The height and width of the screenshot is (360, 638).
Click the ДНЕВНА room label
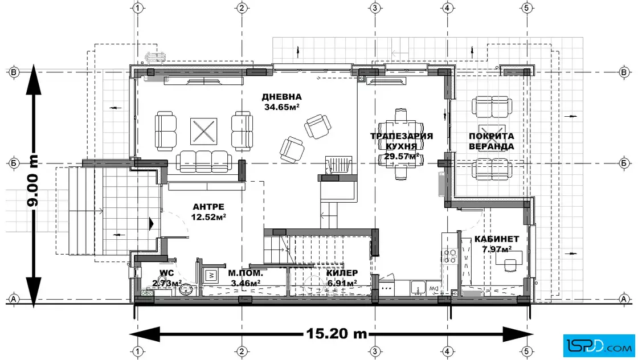pyautogui.click(x=281, y=97)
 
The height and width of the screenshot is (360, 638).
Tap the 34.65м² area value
pyautogui.click(x=282, y=108)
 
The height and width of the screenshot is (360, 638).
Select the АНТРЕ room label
pyautogui.click(x=208, y=207)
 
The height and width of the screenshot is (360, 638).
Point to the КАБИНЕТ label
pyautogui.click(x=496, y=239)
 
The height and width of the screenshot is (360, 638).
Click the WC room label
pyautogui.click(x=167, y=273)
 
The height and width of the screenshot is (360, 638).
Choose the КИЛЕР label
pyautogui.click(x=342, y=273)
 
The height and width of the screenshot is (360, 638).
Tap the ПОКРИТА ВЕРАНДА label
pyautogui.click(x=492, y=141)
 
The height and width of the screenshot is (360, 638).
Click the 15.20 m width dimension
pyautogui.click(x=337, y=334)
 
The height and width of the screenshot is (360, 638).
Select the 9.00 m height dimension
pyautogui.click(x=32, y=181)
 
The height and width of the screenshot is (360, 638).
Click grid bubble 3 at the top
pyautogui.click(x=375, y=8)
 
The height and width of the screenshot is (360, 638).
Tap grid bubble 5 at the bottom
pyautogui.click(x=526, y=351)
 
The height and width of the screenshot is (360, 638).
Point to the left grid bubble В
pyautogui.click(x=14, y=72)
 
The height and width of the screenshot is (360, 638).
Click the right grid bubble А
pyautogui.click(x=624, y=299)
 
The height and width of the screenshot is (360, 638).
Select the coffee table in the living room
pyautogui.click(x=203, y=131)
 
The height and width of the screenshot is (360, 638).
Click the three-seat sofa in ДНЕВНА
pyautogui.click(x=204, y=162)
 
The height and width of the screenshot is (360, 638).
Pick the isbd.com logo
pyautogui.click(x=599, y=346)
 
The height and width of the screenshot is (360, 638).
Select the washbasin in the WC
pyautogui.click(x=187, y=289)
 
